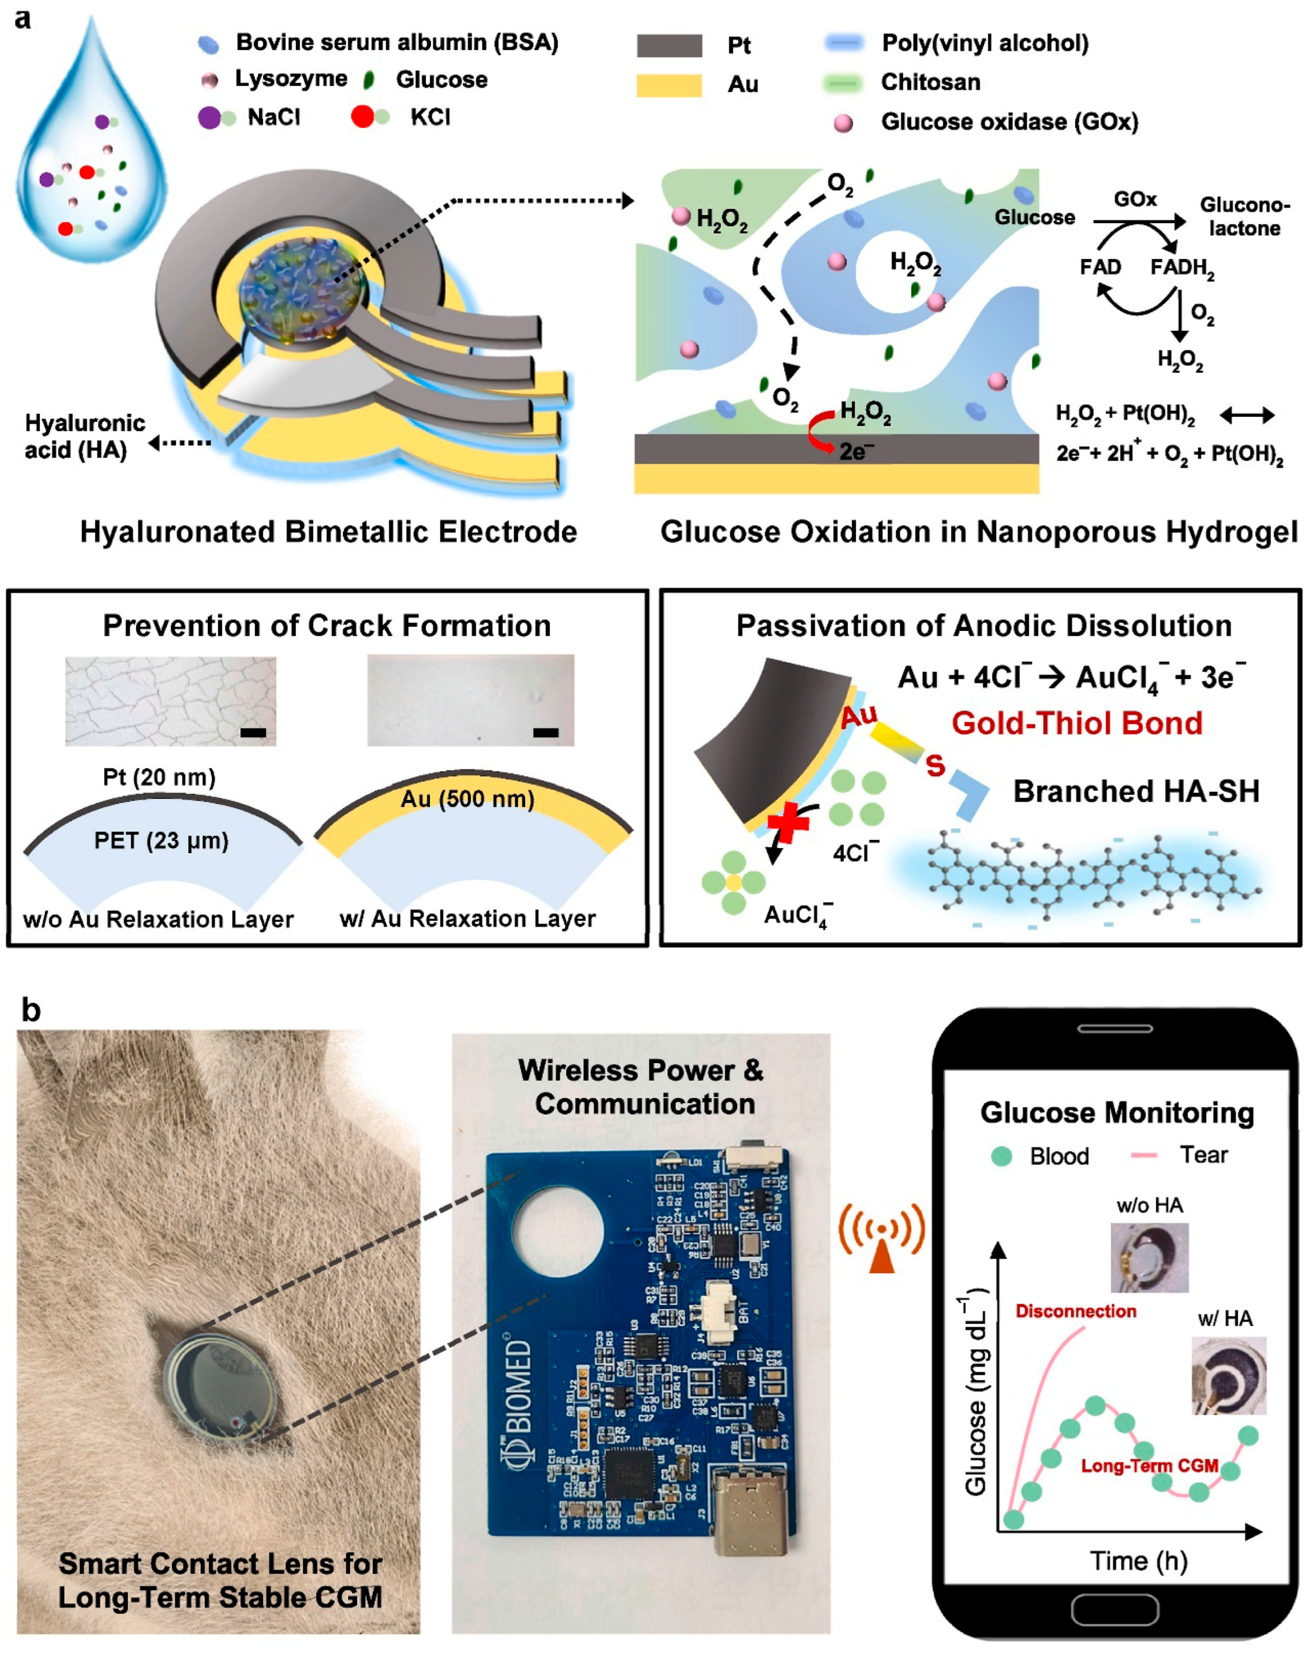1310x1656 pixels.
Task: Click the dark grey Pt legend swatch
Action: pyautogui.click(x=669, y=45)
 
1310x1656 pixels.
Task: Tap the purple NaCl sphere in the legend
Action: pyautogui.click(x=209, y=117)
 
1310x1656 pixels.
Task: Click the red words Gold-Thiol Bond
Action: pyautogui.click(x=1076, y=723)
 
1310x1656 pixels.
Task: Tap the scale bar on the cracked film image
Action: pyautogui.click(x=253, y=733)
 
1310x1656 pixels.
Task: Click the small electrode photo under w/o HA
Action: pyautogui.click(x=1149, y=1258)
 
